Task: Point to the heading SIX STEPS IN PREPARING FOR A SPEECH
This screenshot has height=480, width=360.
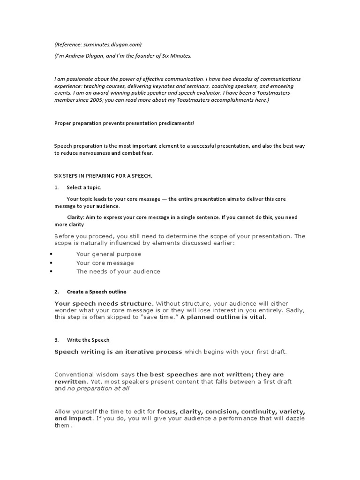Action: coord(103,176)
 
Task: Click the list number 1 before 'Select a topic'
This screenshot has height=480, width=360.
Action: coord(56,187)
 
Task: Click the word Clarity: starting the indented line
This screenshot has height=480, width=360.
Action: coord(76,217)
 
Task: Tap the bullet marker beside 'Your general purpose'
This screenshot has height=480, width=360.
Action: coord(50,254)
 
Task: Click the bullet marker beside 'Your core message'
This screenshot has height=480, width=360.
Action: coord(50,263)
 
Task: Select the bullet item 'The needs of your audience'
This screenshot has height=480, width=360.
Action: coord(118,271)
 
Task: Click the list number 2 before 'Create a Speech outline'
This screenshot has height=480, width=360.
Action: coord(56,292)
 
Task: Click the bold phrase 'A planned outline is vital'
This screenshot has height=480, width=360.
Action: coord(223,317)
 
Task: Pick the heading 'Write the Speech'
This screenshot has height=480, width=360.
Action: coord(88,340)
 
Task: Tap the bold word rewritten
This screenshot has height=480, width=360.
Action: coord(70,382)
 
